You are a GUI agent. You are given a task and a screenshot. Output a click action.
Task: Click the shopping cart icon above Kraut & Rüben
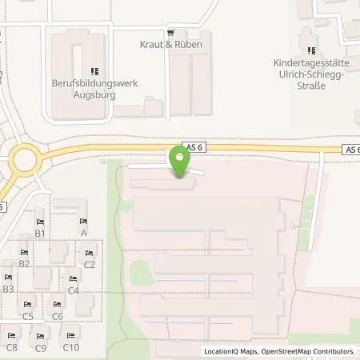(171, 33)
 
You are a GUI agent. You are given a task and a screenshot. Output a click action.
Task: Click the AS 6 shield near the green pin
(194, 146)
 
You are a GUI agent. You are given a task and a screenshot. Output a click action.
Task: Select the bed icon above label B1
(39, 222)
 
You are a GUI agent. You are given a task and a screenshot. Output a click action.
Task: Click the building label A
(83, 233)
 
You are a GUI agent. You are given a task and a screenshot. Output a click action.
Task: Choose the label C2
(89, 264)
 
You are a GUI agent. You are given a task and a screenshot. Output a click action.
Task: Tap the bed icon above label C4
(74, 278)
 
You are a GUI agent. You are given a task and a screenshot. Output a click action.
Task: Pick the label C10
(71, 347)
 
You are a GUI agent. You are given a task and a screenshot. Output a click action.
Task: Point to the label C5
(28, 316)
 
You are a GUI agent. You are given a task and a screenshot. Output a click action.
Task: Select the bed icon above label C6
(57, 305)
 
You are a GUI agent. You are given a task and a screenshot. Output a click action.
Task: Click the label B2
(24, 263)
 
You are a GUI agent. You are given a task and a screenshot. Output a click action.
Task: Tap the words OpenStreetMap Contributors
(310, 351)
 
